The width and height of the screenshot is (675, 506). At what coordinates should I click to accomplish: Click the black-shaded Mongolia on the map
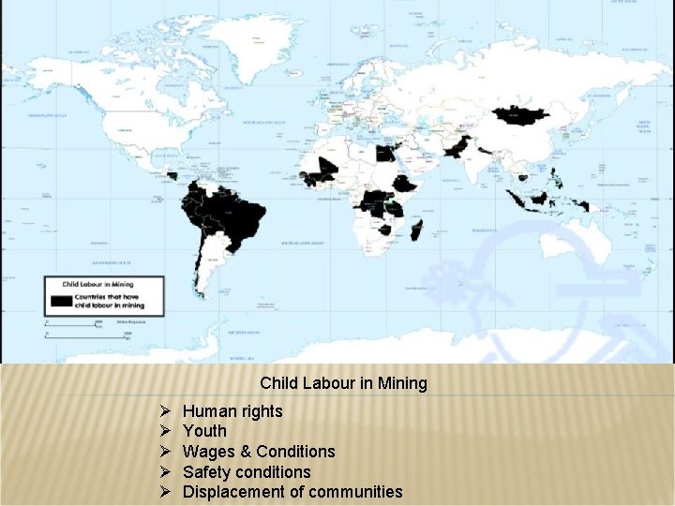[521, 115]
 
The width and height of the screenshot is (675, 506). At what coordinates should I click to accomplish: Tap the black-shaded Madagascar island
[417, 231]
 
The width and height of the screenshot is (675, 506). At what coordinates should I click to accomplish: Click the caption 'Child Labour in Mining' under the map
[343, 382]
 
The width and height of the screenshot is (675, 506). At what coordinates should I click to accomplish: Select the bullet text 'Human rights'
[232, 411]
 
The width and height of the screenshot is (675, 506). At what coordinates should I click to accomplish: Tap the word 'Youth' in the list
[204, 431]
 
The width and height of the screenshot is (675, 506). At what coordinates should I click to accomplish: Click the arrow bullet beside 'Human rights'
[163, 411]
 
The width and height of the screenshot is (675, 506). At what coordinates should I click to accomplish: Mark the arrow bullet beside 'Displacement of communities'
[163, 492]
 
